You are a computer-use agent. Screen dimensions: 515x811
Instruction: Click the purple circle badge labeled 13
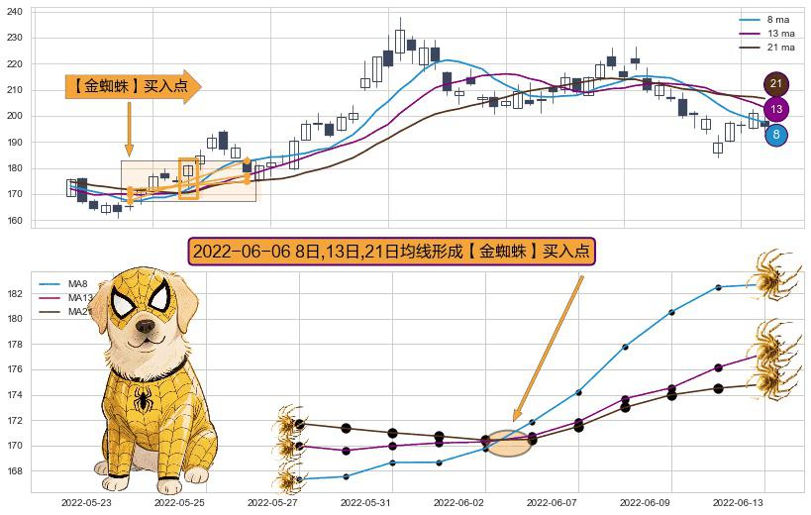776,109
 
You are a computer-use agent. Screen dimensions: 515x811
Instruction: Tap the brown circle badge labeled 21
776,84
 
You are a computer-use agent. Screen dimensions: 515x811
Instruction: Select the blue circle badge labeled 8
776,135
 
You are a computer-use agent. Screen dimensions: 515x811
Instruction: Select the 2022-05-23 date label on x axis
86,503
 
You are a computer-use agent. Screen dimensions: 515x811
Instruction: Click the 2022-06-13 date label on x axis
739,503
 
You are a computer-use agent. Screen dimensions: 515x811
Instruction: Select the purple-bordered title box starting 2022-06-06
391,252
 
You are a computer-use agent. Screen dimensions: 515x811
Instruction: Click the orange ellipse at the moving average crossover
510,443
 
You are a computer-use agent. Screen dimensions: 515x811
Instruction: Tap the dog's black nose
146,326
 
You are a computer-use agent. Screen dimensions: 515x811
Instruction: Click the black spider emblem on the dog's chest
145,400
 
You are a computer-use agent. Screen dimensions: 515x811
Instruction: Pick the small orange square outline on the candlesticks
188,177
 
